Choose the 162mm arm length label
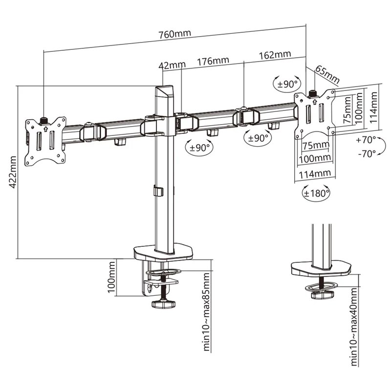click(x=275, y=54)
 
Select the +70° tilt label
click(x=366, y=139)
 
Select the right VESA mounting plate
click(x=315, y=113)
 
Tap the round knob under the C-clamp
click(x=163, y=305)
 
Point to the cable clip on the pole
click(x=157, y=191)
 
